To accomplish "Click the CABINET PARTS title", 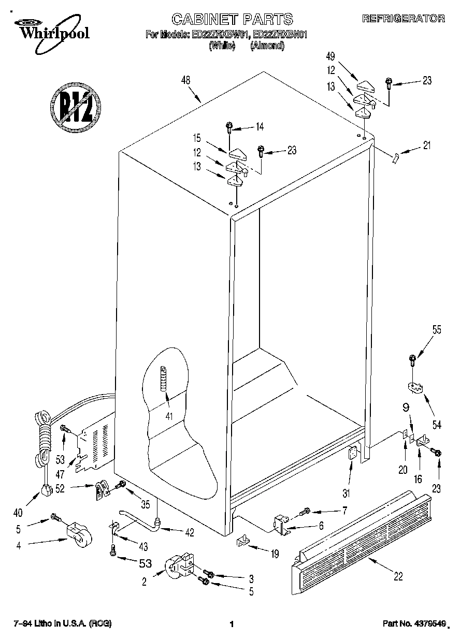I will (232, 20).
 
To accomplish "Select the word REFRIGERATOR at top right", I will (403, 18).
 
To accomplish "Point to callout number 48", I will (186, 80).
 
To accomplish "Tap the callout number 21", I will (426, 146).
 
